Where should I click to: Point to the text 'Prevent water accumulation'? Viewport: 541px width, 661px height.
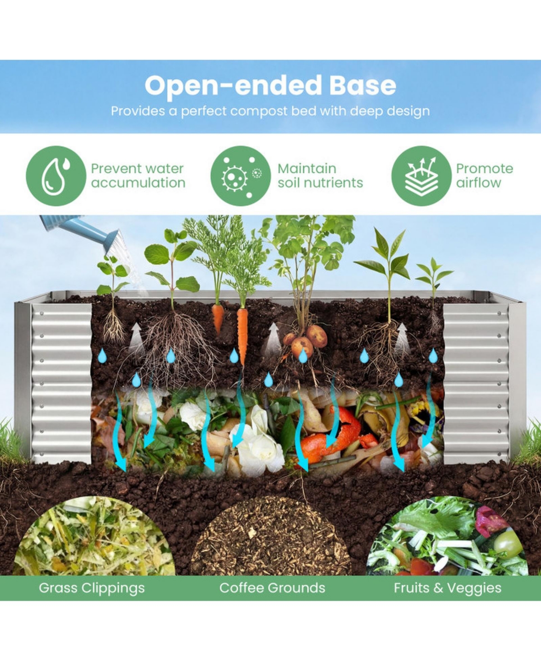138,175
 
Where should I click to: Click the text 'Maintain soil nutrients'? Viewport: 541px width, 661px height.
320,175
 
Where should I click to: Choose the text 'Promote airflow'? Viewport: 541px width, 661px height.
484,175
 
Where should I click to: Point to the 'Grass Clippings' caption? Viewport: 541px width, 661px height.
92,588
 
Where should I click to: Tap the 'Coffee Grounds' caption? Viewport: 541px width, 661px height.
272,588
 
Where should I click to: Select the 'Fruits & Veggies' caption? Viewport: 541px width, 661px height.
448,588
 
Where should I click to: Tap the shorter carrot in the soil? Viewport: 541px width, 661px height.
218,318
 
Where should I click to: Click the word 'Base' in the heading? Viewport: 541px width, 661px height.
363,86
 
